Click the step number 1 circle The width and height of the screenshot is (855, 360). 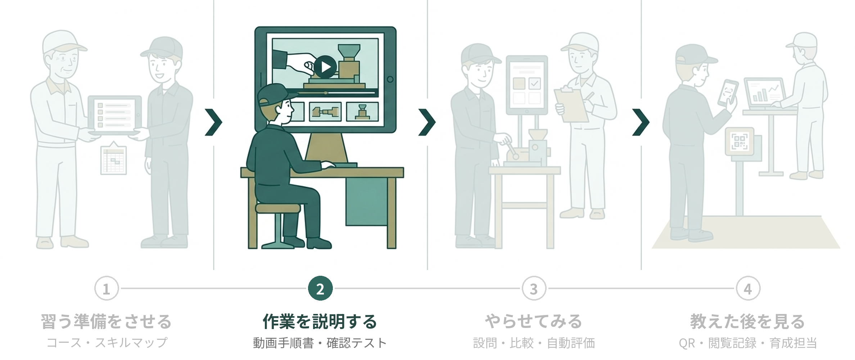(x=107, y=289)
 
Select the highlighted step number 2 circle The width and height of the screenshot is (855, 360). (x=320, y=289)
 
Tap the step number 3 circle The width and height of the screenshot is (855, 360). (x=534, y=289)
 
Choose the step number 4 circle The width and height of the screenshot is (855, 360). (x=748, y=289)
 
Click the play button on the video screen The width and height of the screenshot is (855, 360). (x=325, y=67)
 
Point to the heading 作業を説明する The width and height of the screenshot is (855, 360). (x=320, y=321)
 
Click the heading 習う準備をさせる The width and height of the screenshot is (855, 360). (x=106, y=321)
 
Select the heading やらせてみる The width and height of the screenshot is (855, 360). (x=534, y=321)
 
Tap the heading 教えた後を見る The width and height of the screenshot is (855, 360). (x=747, y=321)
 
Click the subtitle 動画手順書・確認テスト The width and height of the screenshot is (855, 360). (x=320, y=343)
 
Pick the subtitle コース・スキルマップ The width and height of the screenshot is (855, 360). (x=107, y=342)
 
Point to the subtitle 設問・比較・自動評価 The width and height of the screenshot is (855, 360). (x=534, y=343)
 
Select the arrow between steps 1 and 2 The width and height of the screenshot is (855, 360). (x=214, y=122)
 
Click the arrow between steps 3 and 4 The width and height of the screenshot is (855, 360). (x=641, y=122)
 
